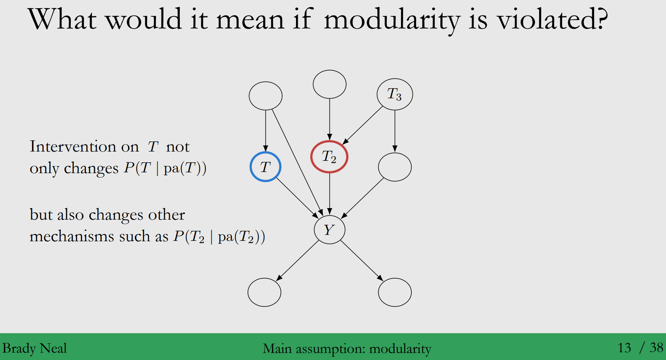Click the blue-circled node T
coord(265,167)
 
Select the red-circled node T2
coord(329,157)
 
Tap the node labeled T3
coord(395,94)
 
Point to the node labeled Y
coord(329,230)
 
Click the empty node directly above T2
coord(329,84)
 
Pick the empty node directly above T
coord(265,96)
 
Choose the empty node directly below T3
coord(395,167)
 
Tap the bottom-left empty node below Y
coord(264,292)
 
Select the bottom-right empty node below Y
coord(395,292)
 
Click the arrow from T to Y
coord(297,198)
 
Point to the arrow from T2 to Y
coord(329,194)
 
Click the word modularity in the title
coord(392,20)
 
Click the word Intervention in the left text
coord(84,147)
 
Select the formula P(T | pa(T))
coord(165,168)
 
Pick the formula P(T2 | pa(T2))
coord(219,237)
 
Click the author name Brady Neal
coord(35,348)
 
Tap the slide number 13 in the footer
coord(624,348)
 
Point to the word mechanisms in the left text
coord(71,237)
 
